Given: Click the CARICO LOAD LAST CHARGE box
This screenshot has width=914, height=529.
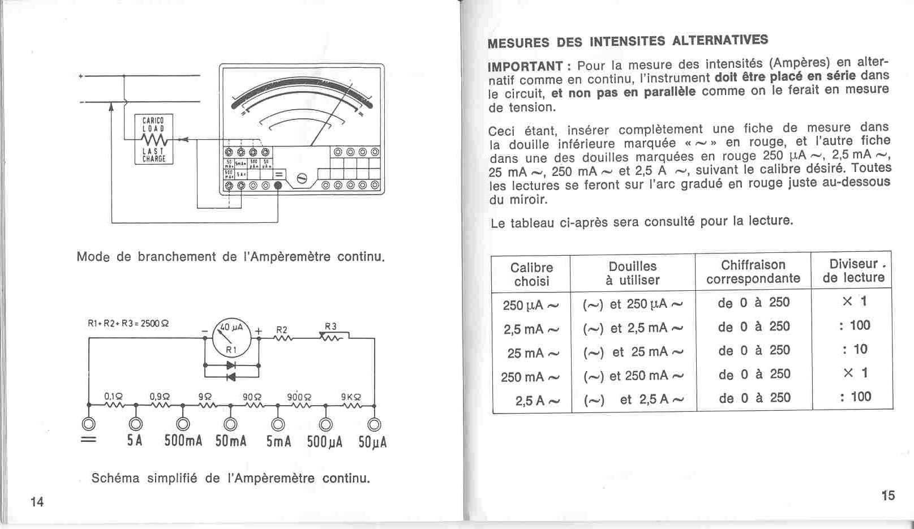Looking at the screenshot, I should click(153, 139).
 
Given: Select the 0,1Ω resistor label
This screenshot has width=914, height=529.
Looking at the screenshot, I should click(113, 397).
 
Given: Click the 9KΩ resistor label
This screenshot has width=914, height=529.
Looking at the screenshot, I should click(351, 397).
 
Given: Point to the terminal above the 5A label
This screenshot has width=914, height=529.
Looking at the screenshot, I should click(135, 424).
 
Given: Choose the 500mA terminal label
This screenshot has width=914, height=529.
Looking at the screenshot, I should click(183, 442).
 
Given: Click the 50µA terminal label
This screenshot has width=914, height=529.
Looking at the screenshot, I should click(372, 442).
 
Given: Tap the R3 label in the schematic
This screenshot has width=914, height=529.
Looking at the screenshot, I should click(331, 326).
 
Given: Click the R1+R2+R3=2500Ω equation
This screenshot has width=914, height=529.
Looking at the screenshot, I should click(128, 324).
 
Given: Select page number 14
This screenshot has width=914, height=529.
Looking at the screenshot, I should click(37, 502).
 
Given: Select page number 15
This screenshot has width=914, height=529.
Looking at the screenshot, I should click(888, 496).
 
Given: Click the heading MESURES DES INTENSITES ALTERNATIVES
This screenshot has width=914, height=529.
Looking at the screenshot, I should click(627, 41).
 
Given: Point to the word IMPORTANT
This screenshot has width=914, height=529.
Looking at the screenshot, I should click(525, 66).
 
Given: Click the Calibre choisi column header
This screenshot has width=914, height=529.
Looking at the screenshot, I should click(531, 274).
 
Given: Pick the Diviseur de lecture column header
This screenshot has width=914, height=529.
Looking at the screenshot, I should click(853, 270).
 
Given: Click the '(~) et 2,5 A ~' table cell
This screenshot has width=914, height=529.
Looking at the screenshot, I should click(633, 400).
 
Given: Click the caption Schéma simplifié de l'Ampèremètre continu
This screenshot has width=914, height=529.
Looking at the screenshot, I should click(230, 478).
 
